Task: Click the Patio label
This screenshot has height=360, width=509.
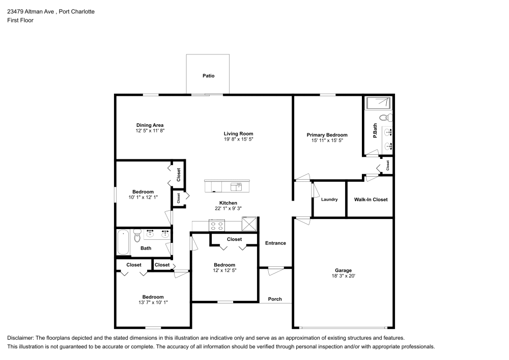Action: click(x=208, y=76)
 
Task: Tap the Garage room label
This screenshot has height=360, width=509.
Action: click(x=343, y=270)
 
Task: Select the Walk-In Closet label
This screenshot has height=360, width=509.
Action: click(x=371, y=200)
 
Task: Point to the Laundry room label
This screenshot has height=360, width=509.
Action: click(x=329, y=200)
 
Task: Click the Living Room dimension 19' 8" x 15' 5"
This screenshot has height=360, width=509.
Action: click(x=238, y=139)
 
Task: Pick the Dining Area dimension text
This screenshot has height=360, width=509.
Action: click(x=150, y=131)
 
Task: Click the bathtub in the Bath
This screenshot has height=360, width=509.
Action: click(x=123, y=242)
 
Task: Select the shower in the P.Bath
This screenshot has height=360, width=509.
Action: click(x=378, y=103)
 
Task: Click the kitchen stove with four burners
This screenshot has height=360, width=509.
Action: click(x=216, y=225)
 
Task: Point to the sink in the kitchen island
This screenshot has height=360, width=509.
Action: click(x=236, y=187)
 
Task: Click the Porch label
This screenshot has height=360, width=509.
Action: click(x=275, y=299)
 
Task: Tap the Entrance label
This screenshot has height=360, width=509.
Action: click(x=275, y=243)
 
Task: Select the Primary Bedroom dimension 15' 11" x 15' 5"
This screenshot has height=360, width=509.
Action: click(x=327, y=141)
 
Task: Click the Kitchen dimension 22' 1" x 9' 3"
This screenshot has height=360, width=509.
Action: click(x=228, y=209)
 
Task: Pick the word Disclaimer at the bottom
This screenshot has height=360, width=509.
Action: click(x=20, y=338)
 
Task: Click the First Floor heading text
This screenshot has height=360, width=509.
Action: click(x=20, y=20)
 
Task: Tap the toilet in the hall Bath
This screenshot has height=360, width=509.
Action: click(x=137, y=236)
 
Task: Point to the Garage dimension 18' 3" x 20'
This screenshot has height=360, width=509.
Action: click(x=343, y=276)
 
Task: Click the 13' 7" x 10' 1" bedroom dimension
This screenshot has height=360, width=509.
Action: click(x=153, y=302)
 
